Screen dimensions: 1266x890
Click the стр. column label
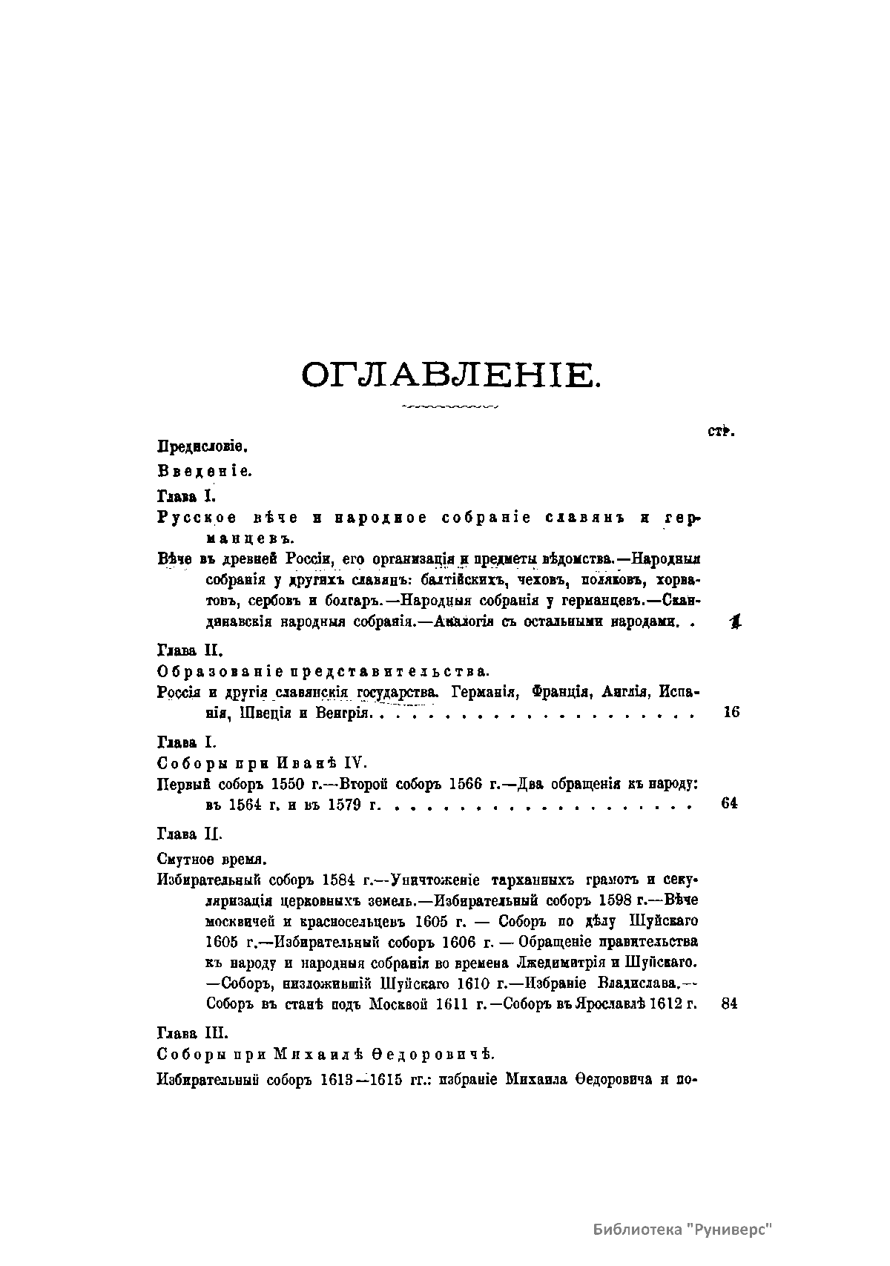(720, 432)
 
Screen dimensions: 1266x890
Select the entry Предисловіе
(202, 447)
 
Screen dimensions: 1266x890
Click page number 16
(731, 713)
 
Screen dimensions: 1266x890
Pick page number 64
(730, 804)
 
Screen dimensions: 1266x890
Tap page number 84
(730, 1004)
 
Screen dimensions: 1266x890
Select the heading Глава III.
(193, 1032)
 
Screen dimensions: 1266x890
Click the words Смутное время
(212, 859)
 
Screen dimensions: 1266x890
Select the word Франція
(556, 693)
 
